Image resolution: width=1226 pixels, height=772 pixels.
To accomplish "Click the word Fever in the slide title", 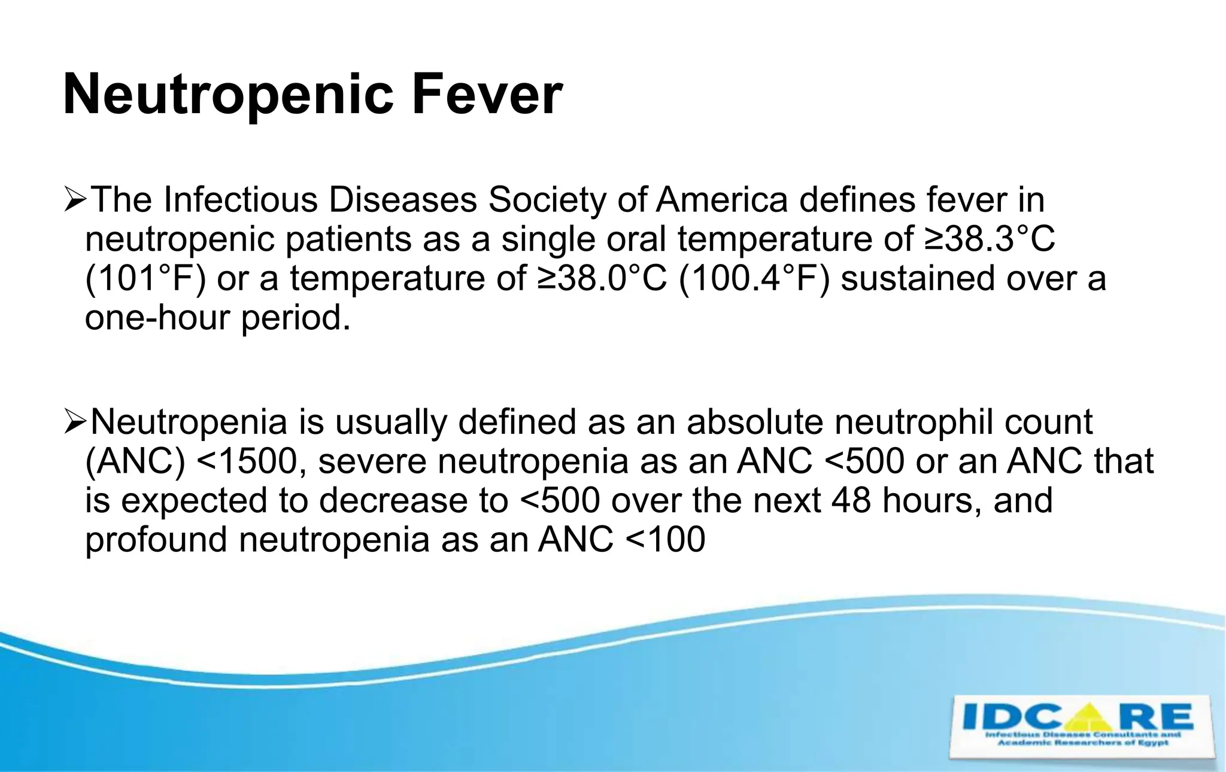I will coord(487,95).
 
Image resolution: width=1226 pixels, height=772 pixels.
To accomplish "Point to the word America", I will coord(721,199).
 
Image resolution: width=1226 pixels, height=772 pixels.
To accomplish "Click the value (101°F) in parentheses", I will coord(145,278).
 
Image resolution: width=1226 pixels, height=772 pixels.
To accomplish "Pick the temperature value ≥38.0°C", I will coord(602,278).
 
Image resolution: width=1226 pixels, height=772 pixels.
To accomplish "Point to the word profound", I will coord(156,540).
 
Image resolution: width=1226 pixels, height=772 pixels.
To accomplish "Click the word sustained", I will coord(918,278).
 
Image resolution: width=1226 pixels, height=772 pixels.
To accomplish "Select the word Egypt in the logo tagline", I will coord(1152,743).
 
